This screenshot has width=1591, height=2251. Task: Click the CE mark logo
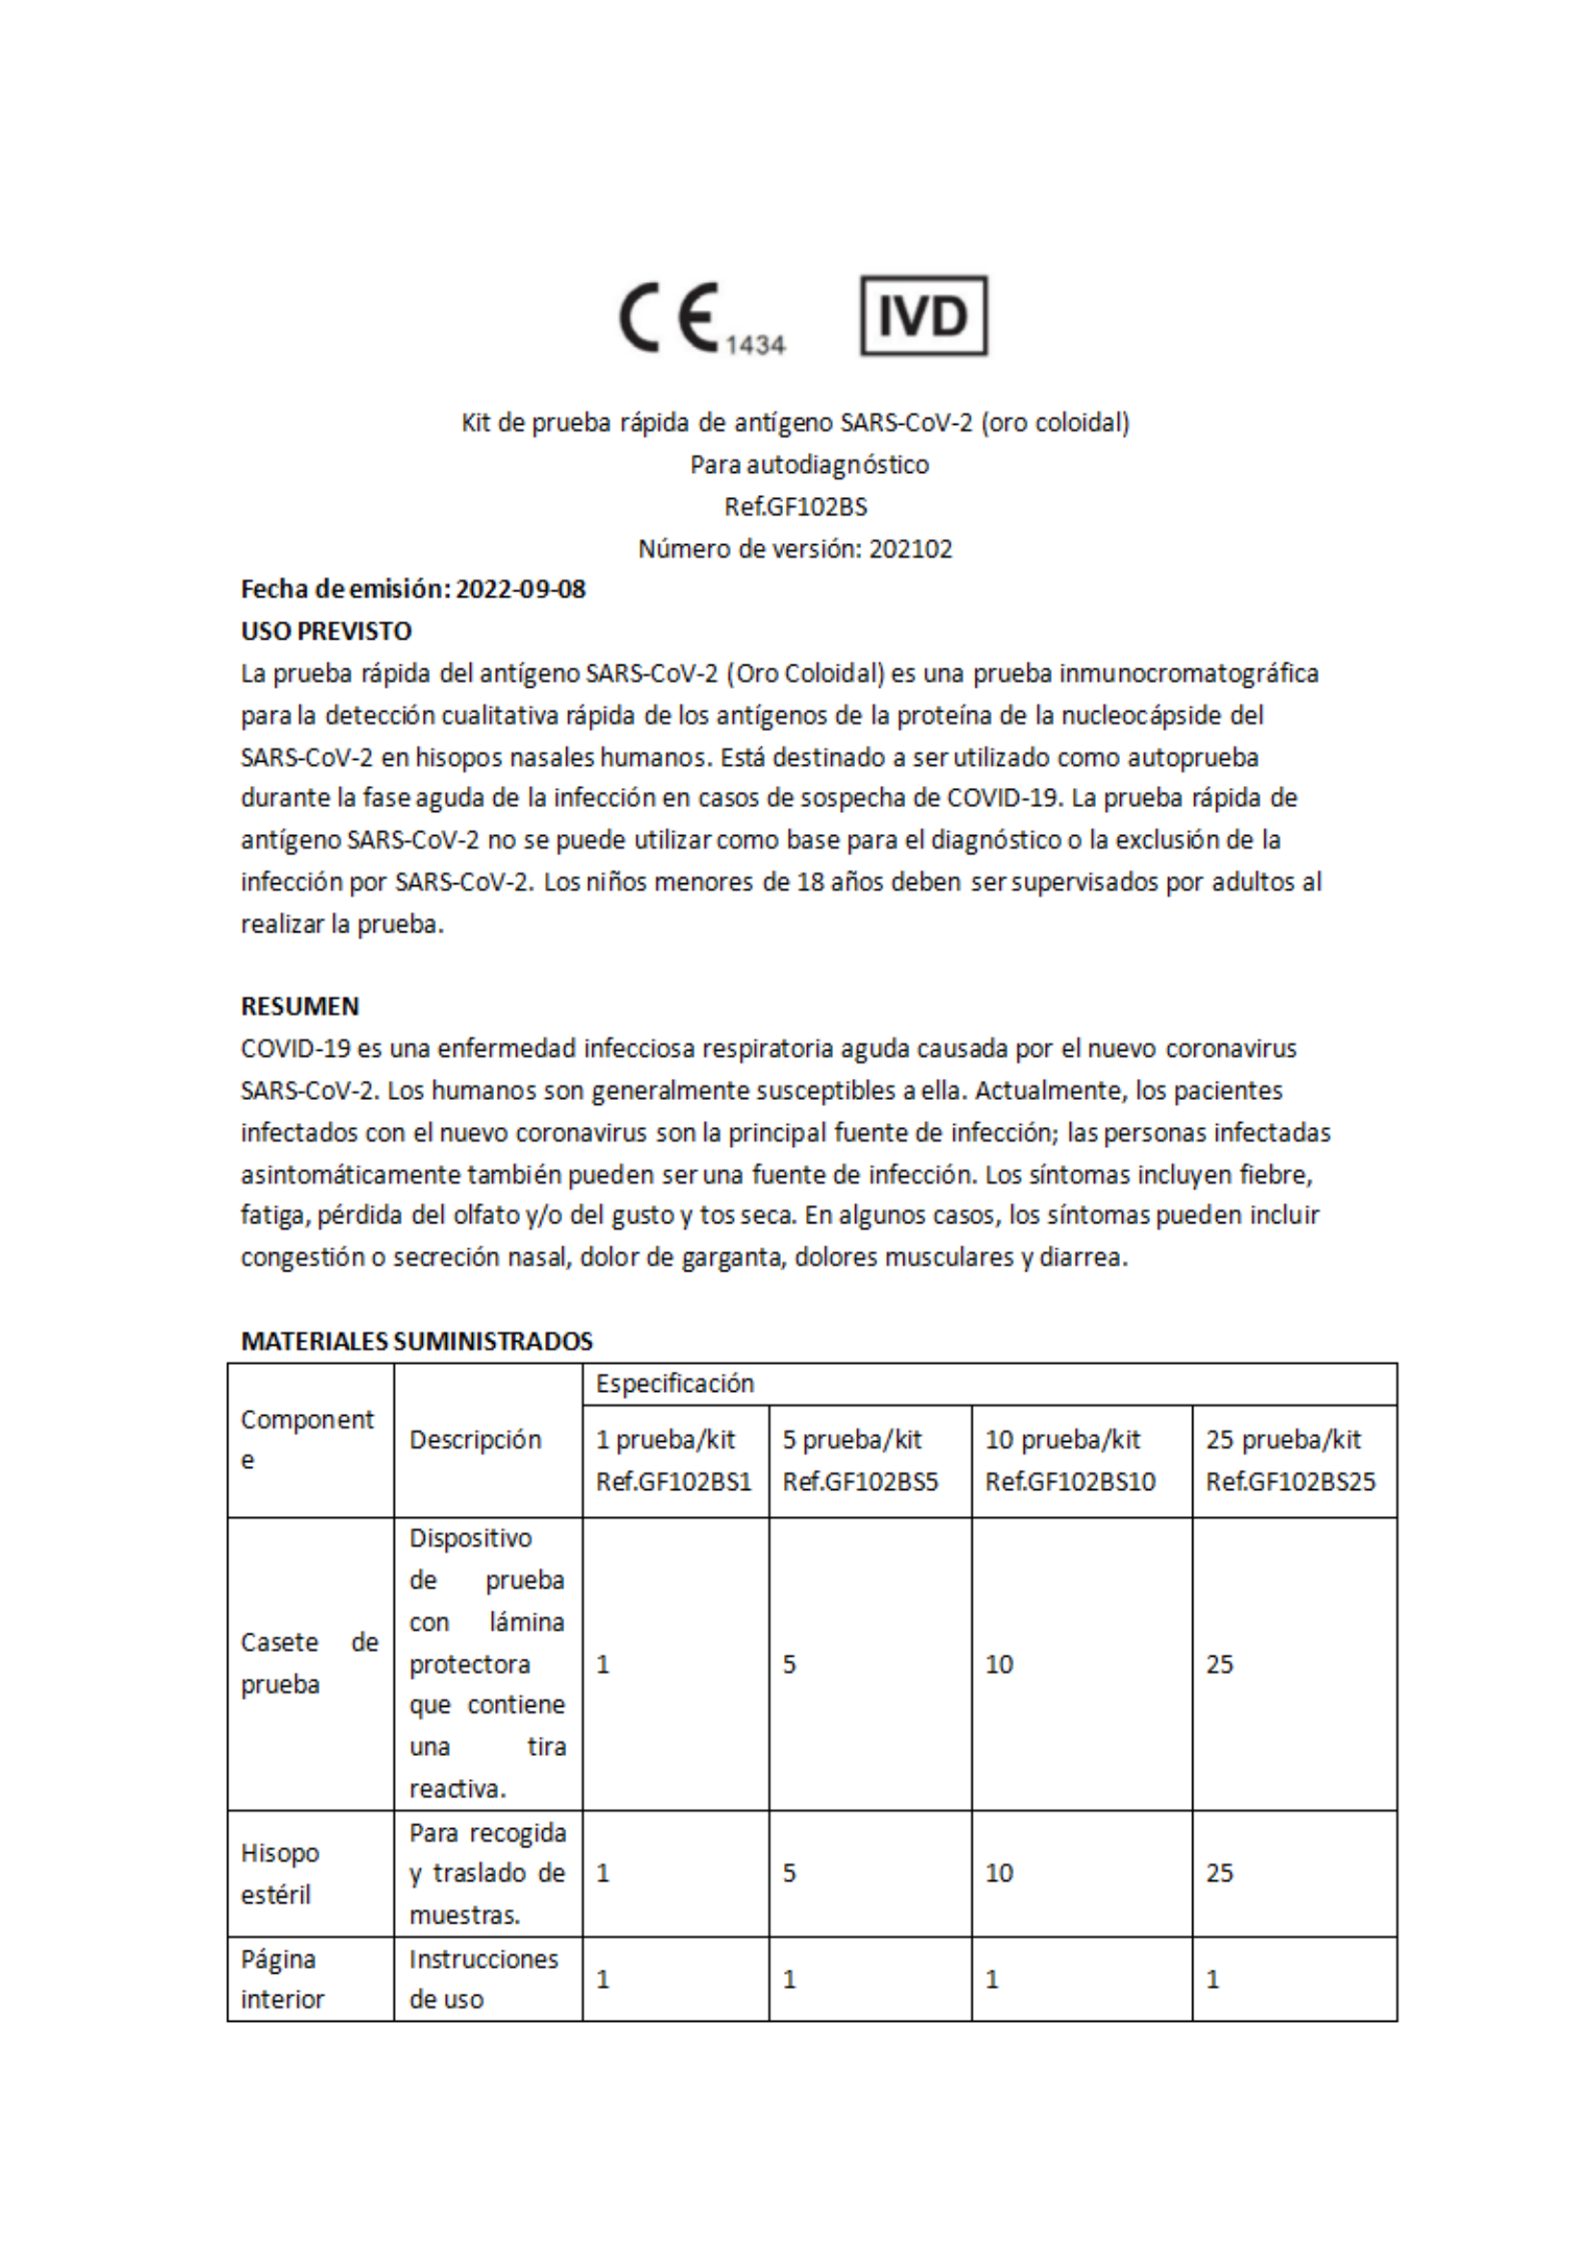[669, 318]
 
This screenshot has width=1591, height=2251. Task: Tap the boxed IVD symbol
[924, 316]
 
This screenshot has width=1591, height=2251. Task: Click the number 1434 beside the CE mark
[755, 345]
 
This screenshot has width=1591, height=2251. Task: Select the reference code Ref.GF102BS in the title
[795, 507]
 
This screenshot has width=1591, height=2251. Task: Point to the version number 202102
[911, 549]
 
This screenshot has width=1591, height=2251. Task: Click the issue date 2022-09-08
[520, 589]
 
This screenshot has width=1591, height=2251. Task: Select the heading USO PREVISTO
[326, 632]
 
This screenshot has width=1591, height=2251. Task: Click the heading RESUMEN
[300, 1006]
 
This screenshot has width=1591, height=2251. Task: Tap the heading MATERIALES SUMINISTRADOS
[417, 1341]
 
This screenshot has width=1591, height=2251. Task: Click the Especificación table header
[674, 1383]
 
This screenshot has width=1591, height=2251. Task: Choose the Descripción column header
[476, 1439]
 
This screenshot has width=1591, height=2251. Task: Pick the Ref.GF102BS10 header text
[1069, 1481]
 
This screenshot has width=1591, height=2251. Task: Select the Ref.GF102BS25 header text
[1291, 1481]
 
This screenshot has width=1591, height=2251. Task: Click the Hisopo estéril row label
[280, 1873]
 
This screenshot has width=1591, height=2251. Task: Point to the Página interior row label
[281, 1979]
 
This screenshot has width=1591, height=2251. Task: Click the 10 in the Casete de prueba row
[999, 1663]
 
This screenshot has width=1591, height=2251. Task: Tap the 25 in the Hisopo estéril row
[1219, 1872]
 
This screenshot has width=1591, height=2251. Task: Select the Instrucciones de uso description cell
[483, 1979]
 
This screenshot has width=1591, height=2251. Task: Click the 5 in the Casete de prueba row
[789, 1663]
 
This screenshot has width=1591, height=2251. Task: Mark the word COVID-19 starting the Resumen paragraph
[295, 1049]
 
